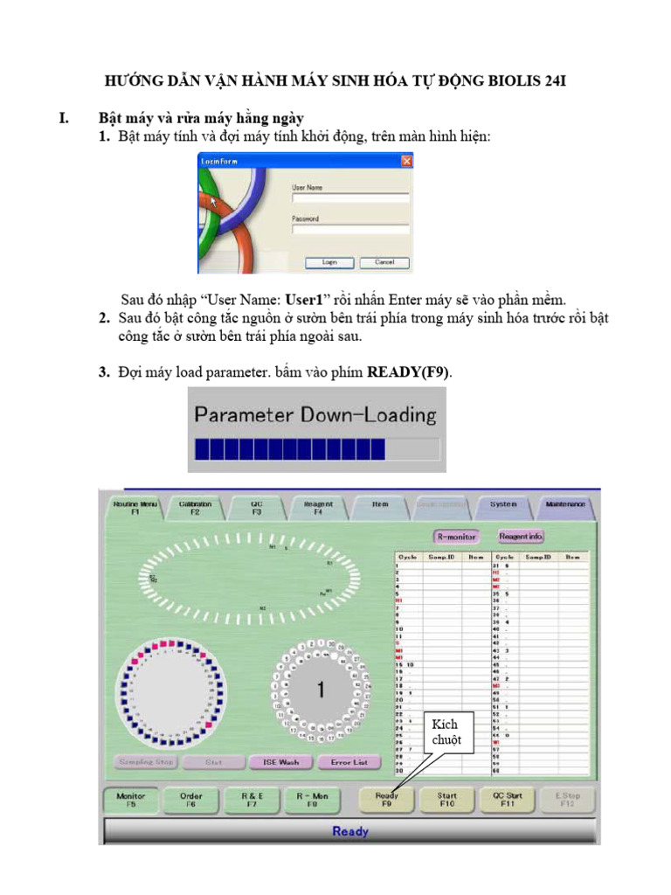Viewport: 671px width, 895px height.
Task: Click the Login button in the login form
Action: (x=329, y=261)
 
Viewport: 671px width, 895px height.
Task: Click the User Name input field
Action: (x=350, y=198)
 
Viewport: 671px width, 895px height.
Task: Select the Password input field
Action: (x=350, y=230)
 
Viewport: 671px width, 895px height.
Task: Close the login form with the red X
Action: (x=406, y=162)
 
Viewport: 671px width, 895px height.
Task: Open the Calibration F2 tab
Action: (x=195, y=508)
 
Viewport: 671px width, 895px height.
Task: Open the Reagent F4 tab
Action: (x=318, y=508)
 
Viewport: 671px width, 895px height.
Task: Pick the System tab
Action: (x=503, y=505)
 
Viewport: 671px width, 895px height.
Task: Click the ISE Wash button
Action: (x=280, y=762)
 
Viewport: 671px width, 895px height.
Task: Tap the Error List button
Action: (x=349, y=762)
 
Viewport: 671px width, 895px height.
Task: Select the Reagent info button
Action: (x=522, y=536)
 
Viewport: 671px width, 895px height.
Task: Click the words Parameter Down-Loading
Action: (x=315, y=414)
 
